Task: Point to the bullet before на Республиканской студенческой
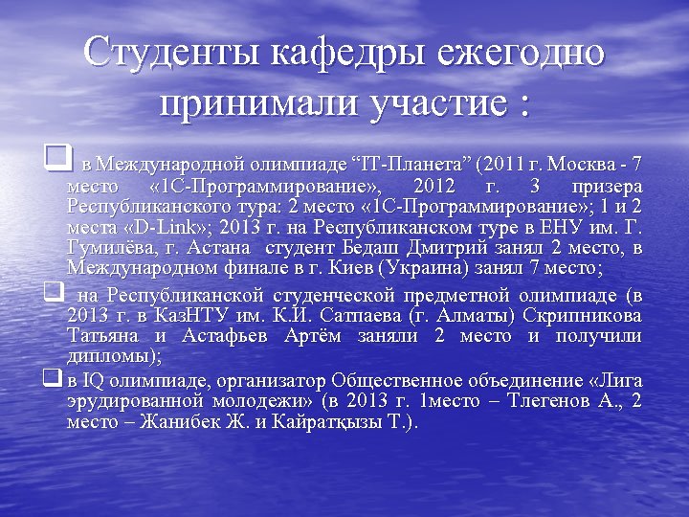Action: coord(53,288)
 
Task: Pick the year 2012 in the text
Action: coord(435,185)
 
